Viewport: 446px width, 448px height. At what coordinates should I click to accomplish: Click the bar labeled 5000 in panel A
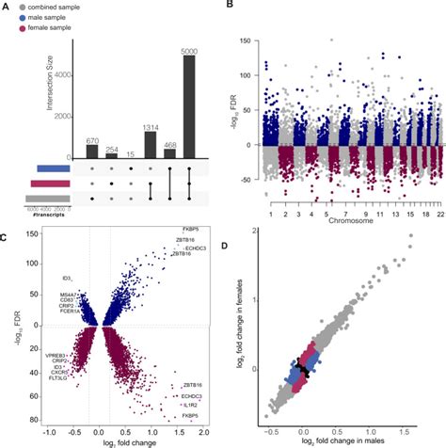click(189, 106)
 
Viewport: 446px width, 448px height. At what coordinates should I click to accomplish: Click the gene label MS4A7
click(59, 294)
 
